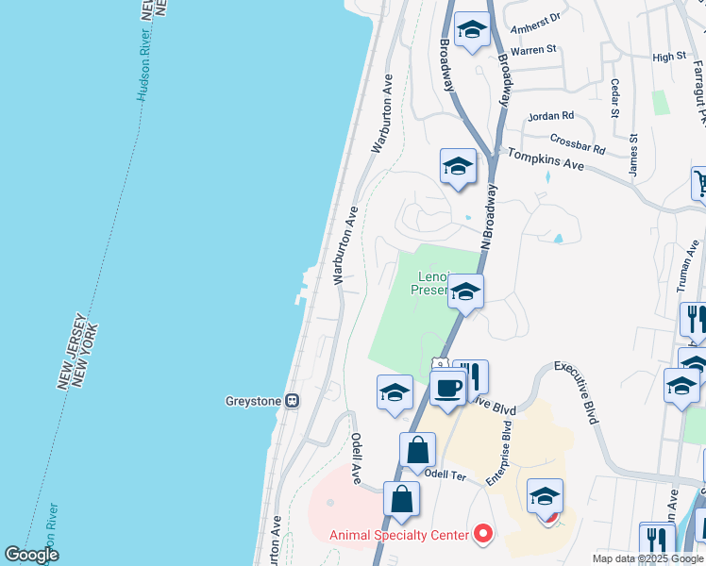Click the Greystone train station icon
[x=293, y=401]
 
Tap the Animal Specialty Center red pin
[x=483, y=535]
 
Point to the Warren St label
[x=534, y=50]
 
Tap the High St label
[x=669, y=58]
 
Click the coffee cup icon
[x=447, y=386]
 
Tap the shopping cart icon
[x=700, y=182]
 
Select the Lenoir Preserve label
[x=436, y=283]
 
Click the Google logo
[x=32, y=555]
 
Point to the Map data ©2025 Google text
[x=647, y=558]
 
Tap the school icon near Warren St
[x=471, y=30]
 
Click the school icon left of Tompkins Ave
[x=458, y=167]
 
